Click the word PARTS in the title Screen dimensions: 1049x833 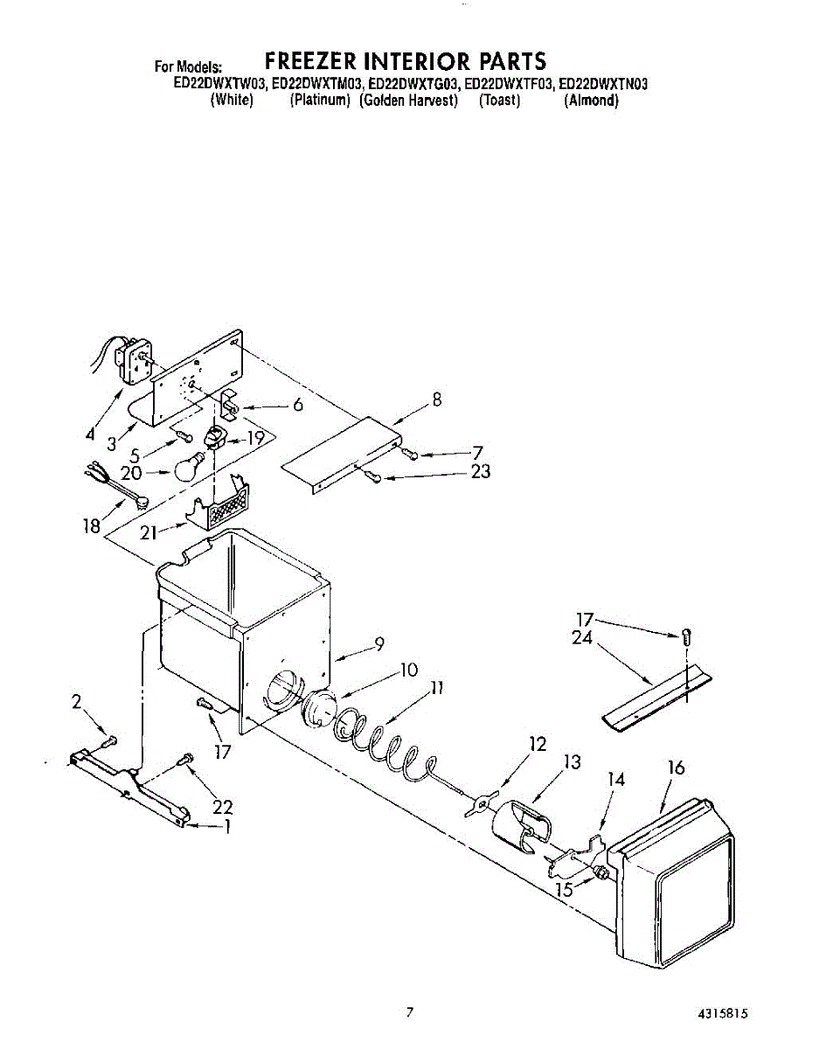click(512, 60)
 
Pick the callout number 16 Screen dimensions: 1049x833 click(676, 768)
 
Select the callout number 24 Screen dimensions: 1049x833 click(583, 638)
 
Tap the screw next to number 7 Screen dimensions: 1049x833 click(411, 453)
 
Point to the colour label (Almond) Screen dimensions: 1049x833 click(592, 101)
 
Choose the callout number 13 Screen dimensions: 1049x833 click(571, 761)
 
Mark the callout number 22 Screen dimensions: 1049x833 click(223, 806)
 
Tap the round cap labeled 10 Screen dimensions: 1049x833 click(319, 705)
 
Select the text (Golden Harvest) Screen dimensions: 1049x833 click(409, 101)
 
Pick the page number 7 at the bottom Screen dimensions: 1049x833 click(408, 1013)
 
